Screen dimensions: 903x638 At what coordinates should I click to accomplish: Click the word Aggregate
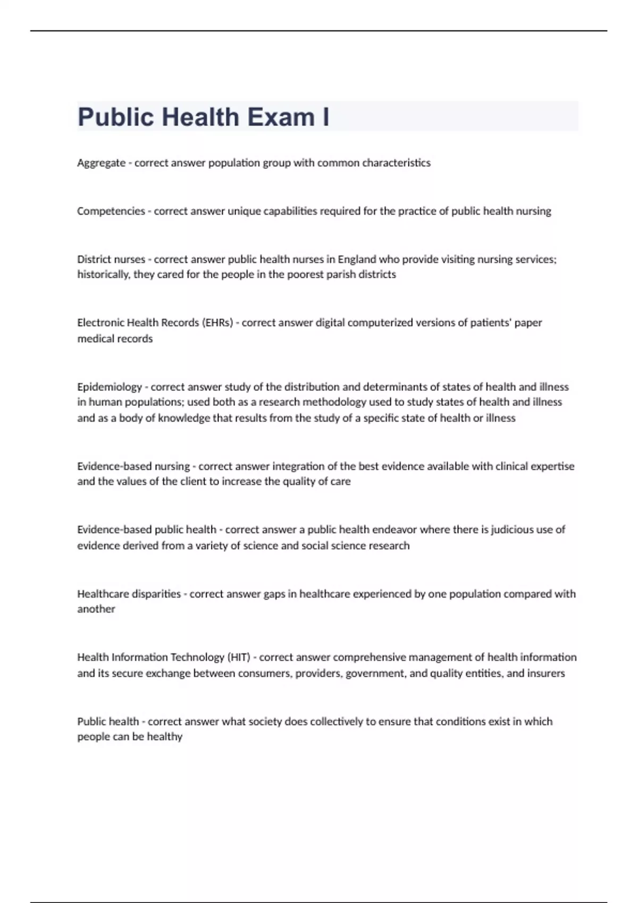pyautogui.click(x=101, y=163)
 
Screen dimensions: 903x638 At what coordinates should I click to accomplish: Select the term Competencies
pyautogui.click(x=111, y=211)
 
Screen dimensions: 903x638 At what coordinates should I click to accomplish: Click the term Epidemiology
pyautogui.click(x=109, y=387)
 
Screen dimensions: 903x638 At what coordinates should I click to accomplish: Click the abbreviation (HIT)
pyautogui.click(x=239, y=658)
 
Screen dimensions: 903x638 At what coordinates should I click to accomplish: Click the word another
pyautogui.click(x=96, y=609)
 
